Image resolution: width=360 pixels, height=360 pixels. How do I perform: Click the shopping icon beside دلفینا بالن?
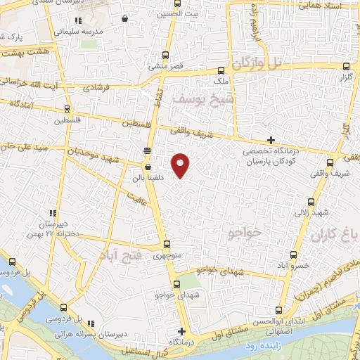[x=148, y=167]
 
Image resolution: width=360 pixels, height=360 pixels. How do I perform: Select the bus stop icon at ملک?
[x=221, y=70]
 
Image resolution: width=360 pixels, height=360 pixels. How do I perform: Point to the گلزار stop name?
[x=345, y=75]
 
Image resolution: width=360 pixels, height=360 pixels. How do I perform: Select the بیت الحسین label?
[x=172, y=14]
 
